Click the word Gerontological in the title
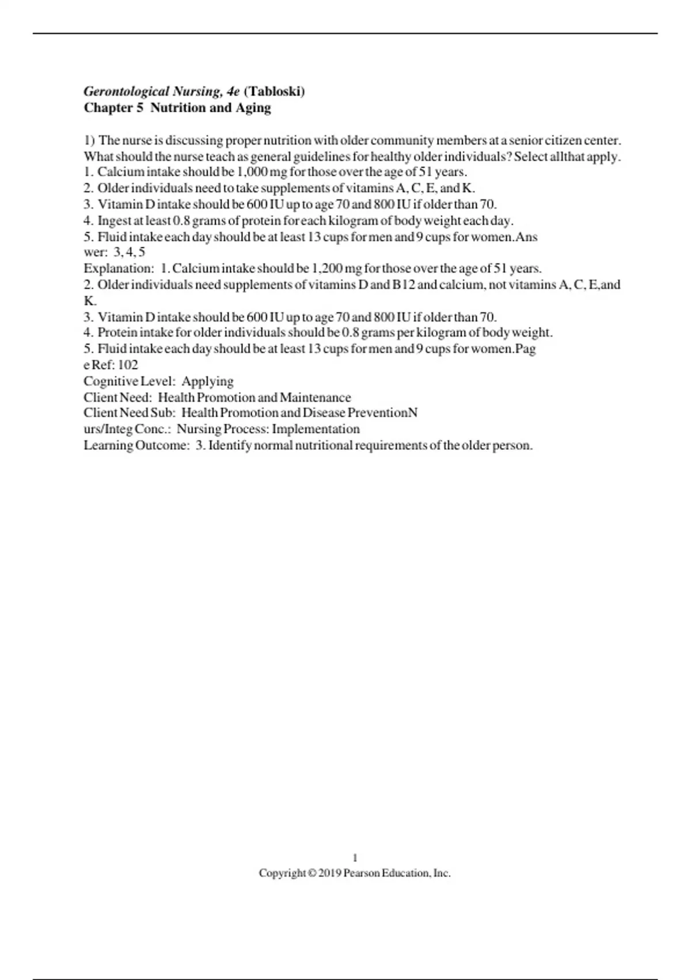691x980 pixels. (127, 91)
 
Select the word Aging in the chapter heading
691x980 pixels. (253, 108)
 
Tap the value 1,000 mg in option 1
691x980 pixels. (262, 172)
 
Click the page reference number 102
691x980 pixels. (128, 365)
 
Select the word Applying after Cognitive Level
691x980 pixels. (207, 382)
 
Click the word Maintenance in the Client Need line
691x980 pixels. (315, 397)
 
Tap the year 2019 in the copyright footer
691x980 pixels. (329, 873)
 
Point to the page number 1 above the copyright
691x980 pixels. (355, 858)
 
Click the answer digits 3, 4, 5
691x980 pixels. (130, 252)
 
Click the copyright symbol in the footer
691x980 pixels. (312, 873)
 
